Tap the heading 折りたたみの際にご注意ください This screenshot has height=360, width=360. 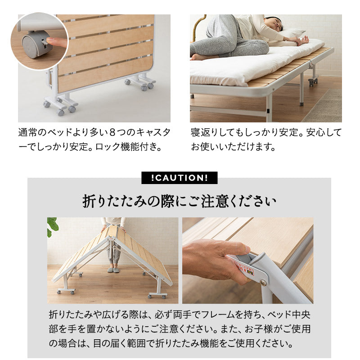pyautogui.click(x=179, y=201)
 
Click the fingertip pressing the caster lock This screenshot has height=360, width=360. pyautogui.click(x=54, y=41)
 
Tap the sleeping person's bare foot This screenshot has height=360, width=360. pyautogui.click(x=197, y=57)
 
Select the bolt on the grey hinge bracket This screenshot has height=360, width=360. pyautogui.click(x=262, y=283)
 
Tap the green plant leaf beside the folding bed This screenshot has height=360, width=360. pyautogui.click(x=53, y=225)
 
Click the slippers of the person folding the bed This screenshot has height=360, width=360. pyautogui.click(x=112, y=270)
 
